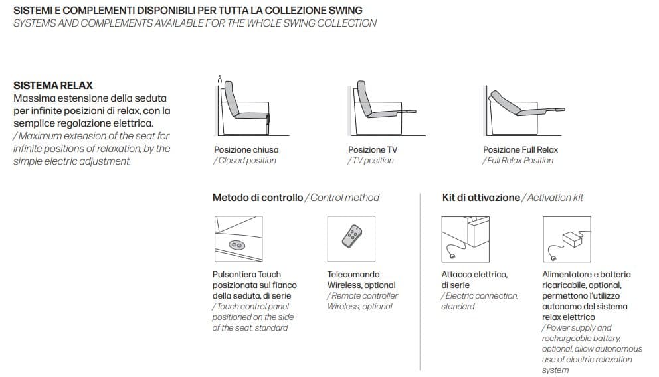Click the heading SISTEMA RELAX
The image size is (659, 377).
(53, 85)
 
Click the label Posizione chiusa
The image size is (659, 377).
(246, 150)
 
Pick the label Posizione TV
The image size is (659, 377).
(373, 150)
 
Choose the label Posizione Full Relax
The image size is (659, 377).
(520, 150)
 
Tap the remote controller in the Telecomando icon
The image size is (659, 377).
(352, 236)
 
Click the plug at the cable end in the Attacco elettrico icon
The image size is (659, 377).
(452, 256)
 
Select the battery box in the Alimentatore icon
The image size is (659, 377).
(573, 239)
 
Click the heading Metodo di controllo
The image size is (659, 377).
(258, 198)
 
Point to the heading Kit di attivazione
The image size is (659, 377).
(481, 198)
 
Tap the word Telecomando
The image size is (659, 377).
(353, 275)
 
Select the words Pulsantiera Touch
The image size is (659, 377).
(246, 275)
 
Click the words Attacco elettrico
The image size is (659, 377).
(474, 275)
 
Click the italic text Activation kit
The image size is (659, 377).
(555, 198)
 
